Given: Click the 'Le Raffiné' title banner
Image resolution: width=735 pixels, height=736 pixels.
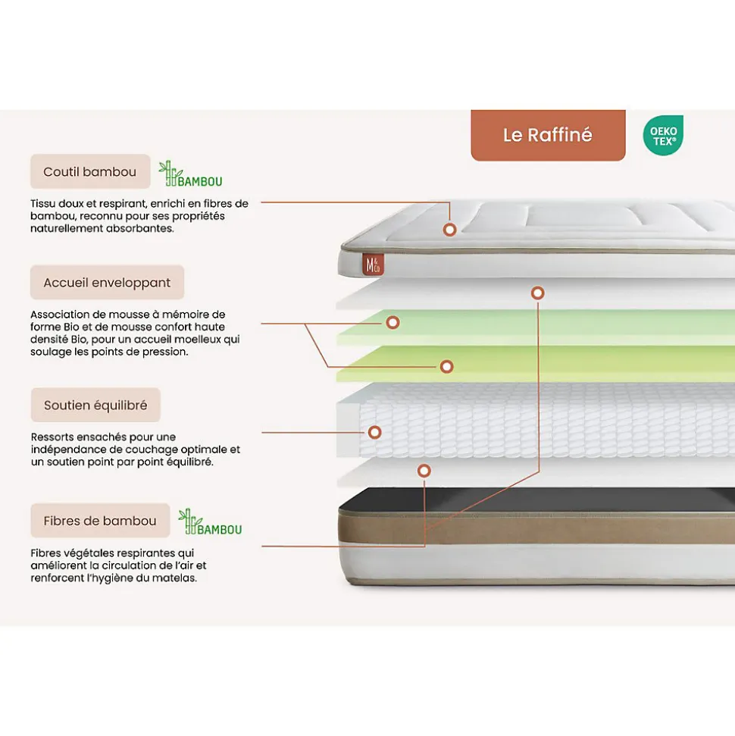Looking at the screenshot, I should (548, 135).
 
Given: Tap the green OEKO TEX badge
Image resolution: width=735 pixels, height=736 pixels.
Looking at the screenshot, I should (663, 136).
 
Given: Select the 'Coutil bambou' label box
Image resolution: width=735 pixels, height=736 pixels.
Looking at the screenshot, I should (89, 172).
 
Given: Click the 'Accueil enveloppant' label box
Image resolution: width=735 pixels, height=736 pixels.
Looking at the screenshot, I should (107, 283).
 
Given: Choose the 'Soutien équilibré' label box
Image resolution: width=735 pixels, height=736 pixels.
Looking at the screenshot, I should (95, 406).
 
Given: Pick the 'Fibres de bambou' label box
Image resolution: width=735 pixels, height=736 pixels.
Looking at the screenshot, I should (100, 521).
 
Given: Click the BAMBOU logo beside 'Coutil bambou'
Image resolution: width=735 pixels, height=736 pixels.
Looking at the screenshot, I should (191, 174).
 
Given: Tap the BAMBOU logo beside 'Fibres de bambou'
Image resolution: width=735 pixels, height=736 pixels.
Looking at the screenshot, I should (211, 522).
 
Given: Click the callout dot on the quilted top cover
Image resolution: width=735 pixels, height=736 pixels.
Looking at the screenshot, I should (450, 228).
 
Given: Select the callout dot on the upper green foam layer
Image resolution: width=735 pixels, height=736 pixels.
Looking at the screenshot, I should (393, 322).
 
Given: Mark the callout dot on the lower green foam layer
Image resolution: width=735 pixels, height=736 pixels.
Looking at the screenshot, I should (447, 366).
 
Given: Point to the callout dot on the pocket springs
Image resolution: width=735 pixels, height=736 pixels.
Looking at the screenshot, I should (374, 433).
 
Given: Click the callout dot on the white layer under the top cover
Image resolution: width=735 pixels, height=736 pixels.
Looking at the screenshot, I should (538, 293).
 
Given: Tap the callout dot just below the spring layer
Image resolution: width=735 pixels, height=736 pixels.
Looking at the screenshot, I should (424, 471).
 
